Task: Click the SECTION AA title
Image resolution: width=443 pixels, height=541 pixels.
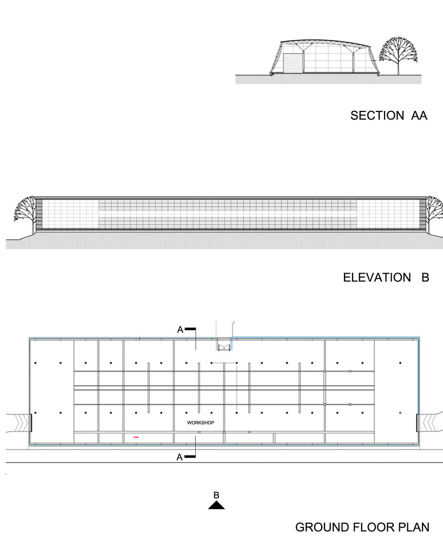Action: [x=389, y=115]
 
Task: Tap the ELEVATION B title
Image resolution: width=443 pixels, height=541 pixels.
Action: [x=386, y=278]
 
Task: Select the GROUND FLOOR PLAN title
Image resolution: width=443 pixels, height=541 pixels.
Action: [x=362, y=527]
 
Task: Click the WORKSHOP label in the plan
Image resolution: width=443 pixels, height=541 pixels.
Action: [x=201, y=423]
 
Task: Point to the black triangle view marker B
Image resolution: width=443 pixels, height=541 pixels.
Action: [x=216, y=505]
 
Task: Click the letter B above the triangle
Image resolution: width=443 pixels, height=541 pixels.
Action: [x=216, y=495]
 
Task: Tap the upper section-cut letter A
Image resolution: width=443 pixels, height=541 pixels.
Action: [x=180, y=330]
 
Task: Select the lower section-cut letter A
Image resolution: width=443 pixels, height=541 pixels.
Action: [x=180, y=457]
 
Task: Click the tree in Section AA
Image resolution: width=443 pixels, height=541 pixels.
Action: [x=399, y=55]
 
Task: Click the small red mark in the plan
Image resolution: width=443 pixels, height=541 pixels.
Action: [x=136, y=437]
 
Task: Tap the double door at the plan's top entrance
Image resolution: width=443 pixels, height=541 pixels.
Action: [x=223, y=347]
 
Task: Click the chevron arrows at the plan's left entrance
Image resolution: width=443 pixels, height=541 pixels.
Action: [x=21, y=423]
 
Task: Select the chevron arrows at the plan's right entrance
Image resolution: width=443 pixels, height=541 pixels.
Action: [x=428, y=423]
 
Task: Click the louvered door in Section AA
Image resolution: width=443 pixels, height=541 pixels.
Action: [x=292, y=63]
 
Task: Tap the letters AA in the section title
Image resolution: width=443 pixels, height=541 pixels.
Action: [x=419, y=115]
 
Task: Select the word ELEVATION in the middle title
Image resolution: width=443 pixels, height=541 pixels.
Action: [x=377, y=278]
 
